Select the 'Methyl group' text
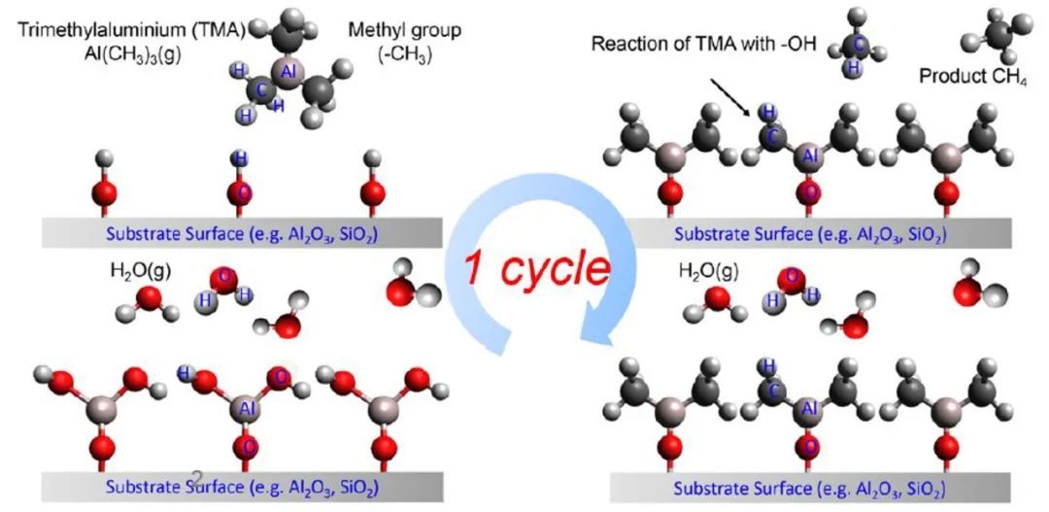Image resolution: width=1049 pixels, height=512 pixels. (x=405, y=30)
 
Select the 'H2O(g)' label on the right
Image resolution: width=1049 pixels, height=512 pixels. (x=708, y=270)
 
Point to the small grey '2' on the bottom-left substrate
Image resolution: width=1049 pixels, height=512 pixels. (x=197, y=476)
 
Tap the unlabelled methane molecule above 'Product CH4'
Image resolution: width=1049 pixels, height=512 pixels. (x=991, y=34)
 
